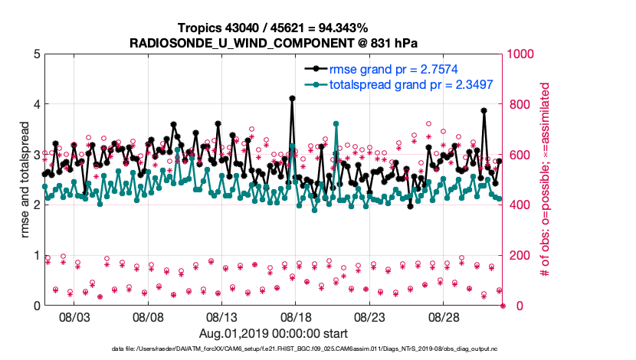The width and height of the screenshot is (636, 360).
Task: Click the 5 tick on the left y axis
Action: (x=36, y=54)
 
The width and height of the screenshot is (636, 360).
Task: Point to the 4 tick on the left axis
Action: (x=36, y=104)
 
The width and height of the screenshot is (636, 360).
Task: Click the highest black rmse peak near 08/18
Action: (x=293, y=98)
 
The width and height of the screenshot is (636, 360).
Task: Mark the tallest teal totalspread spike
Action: (x=336, y=123)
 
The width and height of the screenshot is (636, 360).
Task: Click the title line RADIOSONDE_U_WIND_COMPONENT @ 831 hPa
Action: (x=273, y=44)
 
